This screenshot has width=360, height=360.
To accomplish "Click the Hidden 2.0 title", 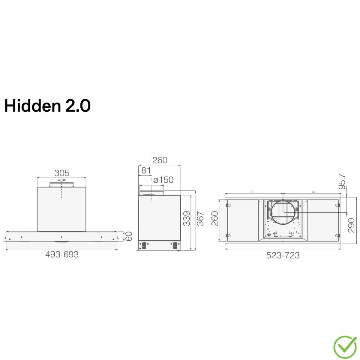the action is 47,106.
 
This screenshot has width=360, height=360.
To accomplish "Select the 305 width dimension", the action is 62,173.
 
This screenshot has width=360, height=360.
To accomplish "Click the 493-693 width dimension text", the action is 62,254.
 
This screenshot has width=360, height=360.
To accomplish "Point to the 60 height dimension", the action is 128,236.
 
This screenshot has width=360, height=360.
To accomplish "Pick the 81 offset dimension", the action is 146,170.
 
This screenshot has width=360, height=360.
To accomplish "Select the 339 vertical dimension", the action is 186,218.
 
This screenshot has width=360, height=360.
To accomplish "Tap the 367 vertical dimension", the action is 200,218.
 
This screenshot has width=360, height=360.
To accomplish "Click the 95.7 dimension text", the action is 342,181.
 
